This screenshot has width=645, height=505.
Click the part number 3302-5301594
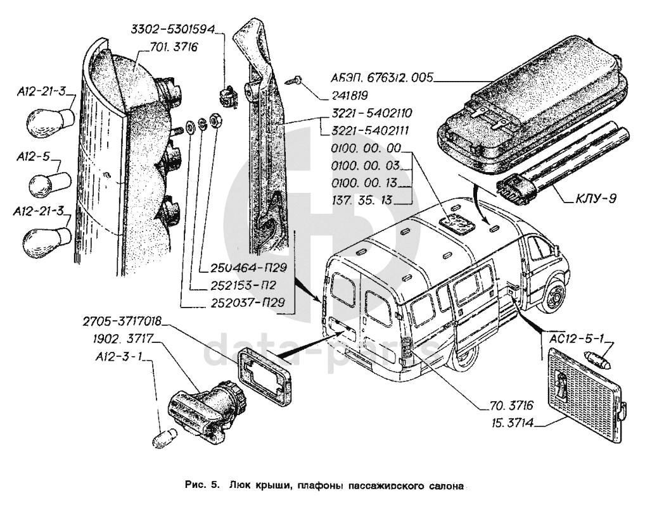pos(173,29)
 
